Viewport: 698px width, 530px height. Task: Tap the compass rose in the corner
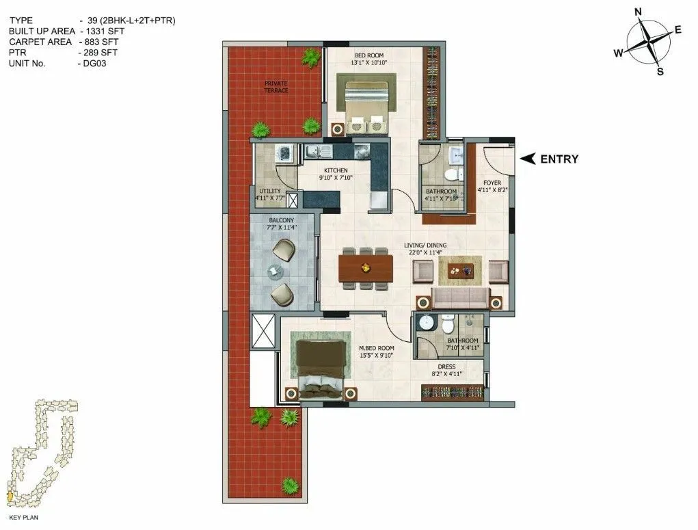pos(647,42)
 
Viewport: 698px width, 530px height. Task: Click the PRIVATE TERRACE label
pos(276,87)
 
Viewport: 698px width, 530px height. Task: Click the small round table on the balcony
pos(274,273)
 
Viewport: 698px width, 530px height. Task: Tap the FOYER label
pos(492,183)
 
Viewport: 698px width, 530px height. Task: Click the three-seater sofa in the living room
pos(461,298)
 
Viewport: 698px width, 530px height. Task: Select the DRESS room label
pos(448,367)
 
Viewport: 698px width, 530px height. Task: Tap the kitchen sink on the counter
pos(319,151)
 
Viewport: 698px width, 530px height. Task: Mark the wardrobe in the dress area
pos(454,393)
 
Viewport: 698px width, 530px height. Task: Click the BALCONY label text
pos(280,220)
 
